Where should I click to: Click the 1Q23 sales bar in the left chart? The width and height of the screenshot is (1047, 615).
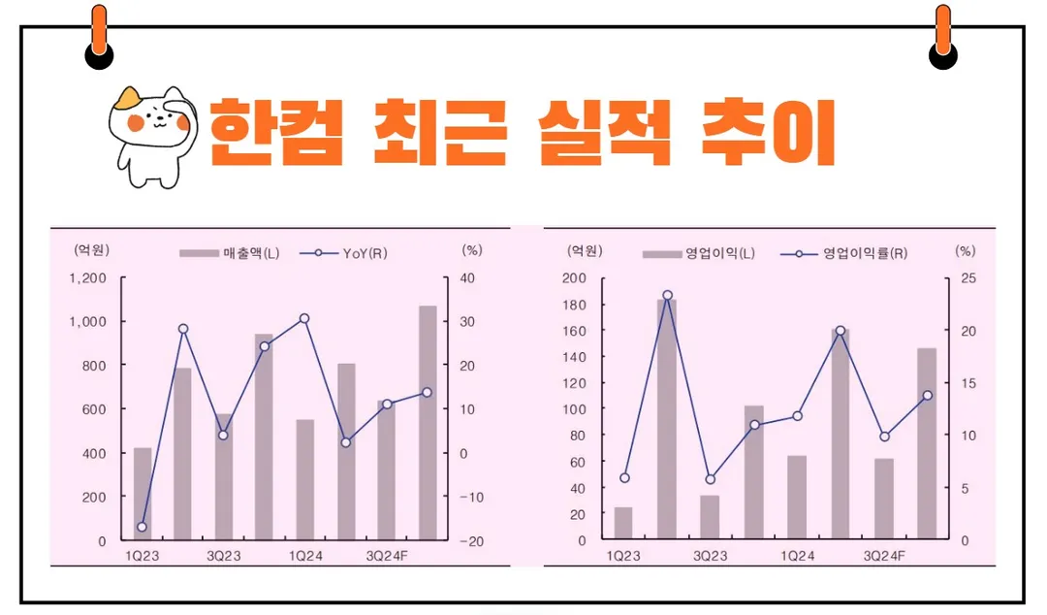click(142, 494)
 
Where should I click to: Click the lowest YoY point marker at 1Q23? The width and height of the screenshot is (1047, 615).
click(142, 527)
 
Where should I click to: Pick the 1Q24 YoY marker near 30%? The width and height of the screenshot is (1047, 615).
click(304, 318)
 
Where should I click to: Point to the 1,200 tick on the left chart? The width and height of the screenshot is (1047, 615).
click(88, 278)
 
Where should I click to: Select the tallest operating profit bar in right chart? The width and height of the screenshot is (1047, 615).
click(667, 419)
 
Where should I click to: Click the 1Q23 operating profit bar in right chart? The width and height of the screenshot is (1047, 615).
click(622, 523)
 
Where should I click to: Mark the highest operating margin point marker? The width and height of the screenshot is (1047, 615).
click(667, 295)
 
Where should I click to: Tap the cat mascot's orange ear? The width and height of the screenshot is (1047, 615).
click(126, 99)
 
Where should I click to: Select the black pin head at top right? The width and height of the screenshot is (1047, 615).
click(942, 56)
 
